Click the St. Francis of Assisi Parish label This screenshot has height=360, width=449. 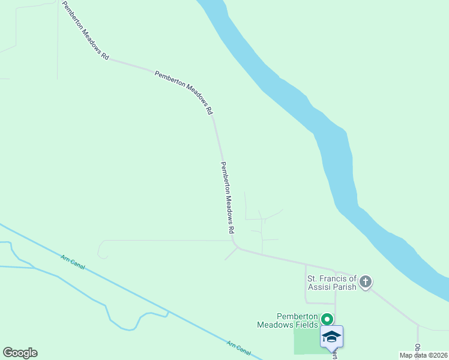pyautogui.click(x=332, y=282)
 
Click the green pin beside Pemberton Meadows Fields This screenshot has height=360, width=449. pyautogui.click(x=327, y=319)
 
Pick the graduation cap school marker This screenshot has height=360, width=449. pyautogui.click(x=331, y=337)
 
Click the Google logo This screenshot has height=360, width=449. pyautogui.click(x=20, y=353)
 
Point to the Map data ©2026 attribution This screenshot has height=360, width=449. pyautogui.click(x=424, y=355)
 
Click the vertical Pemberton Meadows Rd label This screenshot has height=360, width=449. pyautogui.click(x=228, y=197)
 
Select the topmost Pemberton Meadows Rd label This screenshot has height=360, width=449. pyautogui.click(x=86, y=30)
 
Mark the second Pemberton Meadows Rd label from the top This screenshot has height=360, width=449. pyautogui.click(x=183, y=93)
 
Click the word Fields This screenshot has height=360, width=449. pyautogui.click(x=305, y=325)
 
